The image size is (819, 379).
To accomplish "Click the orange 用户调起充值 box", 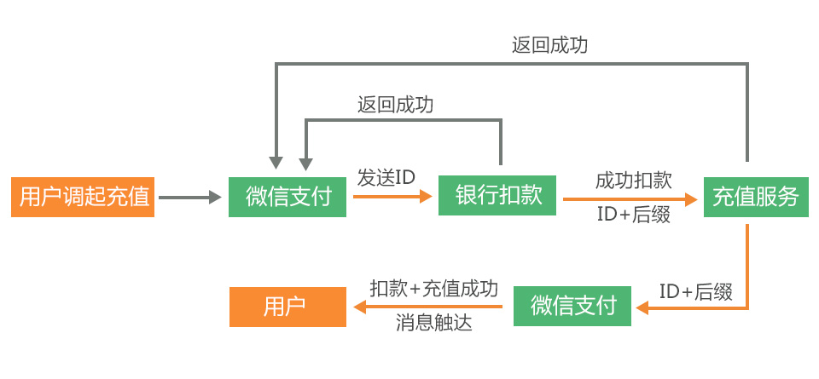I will tap(83, 198).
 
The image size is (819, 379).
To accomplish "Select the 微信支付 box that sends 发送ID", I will tap(288, 198).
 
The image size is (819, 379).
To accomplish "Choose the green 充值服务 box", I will tap(755, 198).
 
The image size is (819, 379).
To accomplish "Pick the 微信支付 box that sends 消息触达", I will tap(572, 307).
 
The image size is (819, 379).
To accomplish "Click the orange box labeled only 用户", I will tap(288, 307).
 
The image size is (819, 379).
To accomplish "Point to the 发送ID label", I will tap(386, 178).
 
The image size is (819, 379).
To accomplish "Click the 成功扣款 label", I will tap(633, 180).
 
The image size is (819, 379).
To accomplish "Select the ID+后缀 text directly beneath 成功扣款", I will tap(633, 215).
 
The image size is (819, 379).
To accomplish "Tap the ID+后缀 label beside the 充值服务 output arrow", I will tap(696, 292).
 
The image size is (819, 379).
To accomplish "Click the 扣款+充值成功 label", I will tap(433, 288).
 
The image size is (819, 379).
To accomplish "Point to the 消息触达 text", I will tap(433, 324).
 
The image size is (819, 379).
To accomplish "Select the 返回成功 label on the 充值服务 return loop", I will tap(549, 45).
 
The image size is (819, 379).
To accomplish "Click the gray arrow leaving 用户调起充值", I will tap(189, 198).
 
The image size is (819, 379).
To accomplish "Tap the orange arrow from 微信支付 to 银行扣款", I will tap(392, 197).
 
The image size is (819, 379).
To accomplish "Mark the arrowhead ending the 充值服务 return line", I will tap(276, 163).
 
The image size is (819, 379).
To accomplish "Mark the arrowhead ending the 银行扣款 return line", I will tap(305, 163).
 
